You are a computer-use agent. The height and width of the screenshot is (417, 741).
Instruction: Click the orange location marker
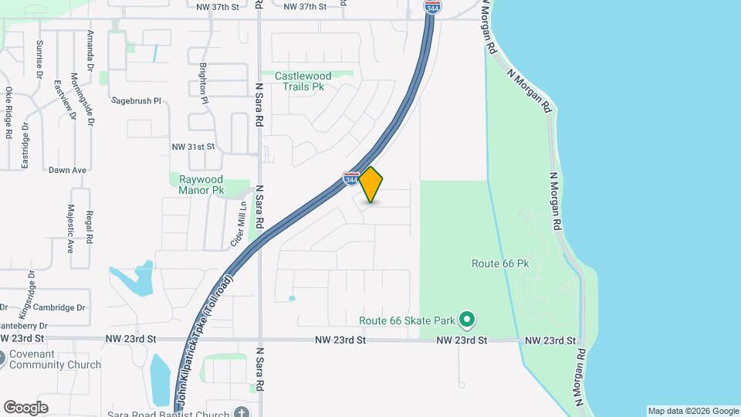(371, 185)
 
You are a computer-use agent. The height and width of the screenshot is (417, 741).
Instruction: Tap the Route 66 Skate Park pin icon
(466, 319)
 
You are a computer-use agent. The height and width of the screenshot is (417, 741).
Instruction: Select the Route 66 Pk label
(500, 263)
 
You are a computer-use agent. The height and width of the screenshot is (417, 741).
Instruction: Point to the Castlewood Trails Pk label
(303, 81)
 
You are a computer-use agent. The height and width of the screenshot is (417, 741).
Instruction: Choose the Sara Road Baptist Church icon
(242, 412)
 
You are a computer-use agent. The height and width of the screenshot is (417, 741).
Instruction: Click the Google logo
(25, 407)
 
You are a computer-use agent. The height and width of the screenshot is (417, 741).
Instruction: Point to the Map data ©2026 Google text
(693, 411)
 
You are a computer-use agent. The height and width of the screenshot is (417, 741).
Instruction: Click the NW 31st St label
(193, 146)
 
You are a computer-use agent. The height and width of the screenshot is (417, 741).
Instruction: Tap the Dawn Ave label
(67, 170)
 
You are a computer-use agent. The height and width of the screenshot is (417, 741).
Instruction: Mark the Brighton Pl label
(204, 84)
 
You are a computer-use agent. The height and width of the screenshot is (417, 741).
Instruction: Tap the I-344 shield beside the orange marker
(350, 178)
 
